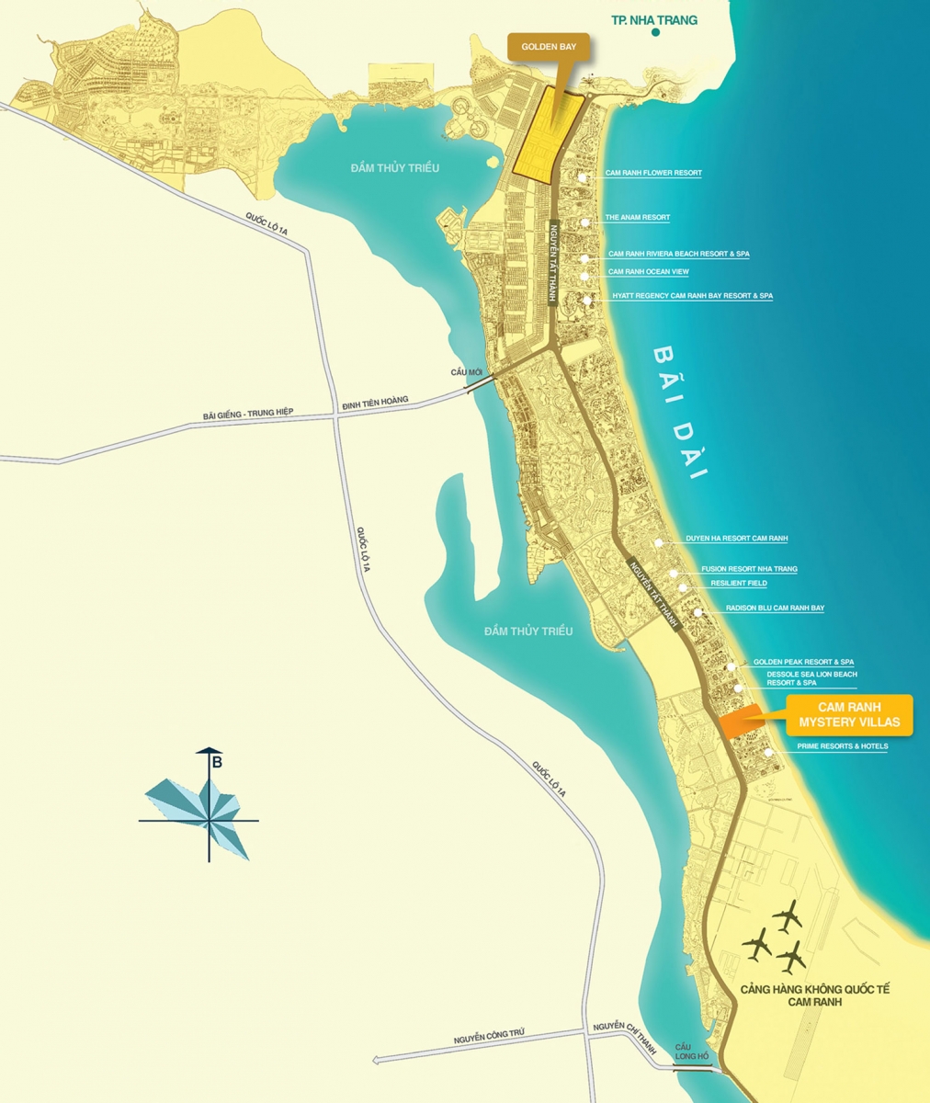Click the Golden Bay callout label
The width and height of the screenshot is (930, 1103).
(549, 45)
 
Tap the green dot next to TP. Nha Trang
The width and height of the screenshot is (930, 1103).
(656, 32)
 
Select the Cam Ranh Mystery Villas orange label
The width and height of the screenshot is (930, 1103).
(849, 715)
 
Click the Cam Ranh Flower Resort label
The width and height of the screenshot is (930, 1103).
(653, 173)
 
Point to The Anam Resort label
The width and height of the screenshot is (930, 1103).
(637, 218)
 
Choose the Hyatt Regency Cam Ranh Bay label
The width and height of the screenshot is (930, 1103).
(692, 296)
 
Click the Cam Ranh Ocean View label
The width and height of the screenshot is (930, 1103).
(648, 272)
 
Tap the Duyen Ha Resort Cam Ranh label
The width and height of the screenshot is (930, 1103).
(736, 539)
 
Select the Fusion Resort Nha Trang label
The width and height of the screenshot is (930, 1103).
(749, 569)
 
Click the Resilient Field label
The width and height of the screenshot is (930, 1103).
(738, 583)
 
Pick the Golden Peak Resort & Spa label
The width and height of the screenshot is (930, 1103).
(803, 662)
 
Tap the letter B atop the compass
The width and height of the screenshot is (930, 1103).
(217, 761)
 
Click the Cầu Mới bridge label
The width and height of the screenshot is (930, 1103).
(467, 370)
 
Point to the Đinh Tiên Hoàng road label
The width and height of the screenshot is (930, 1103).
(374, 404)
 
